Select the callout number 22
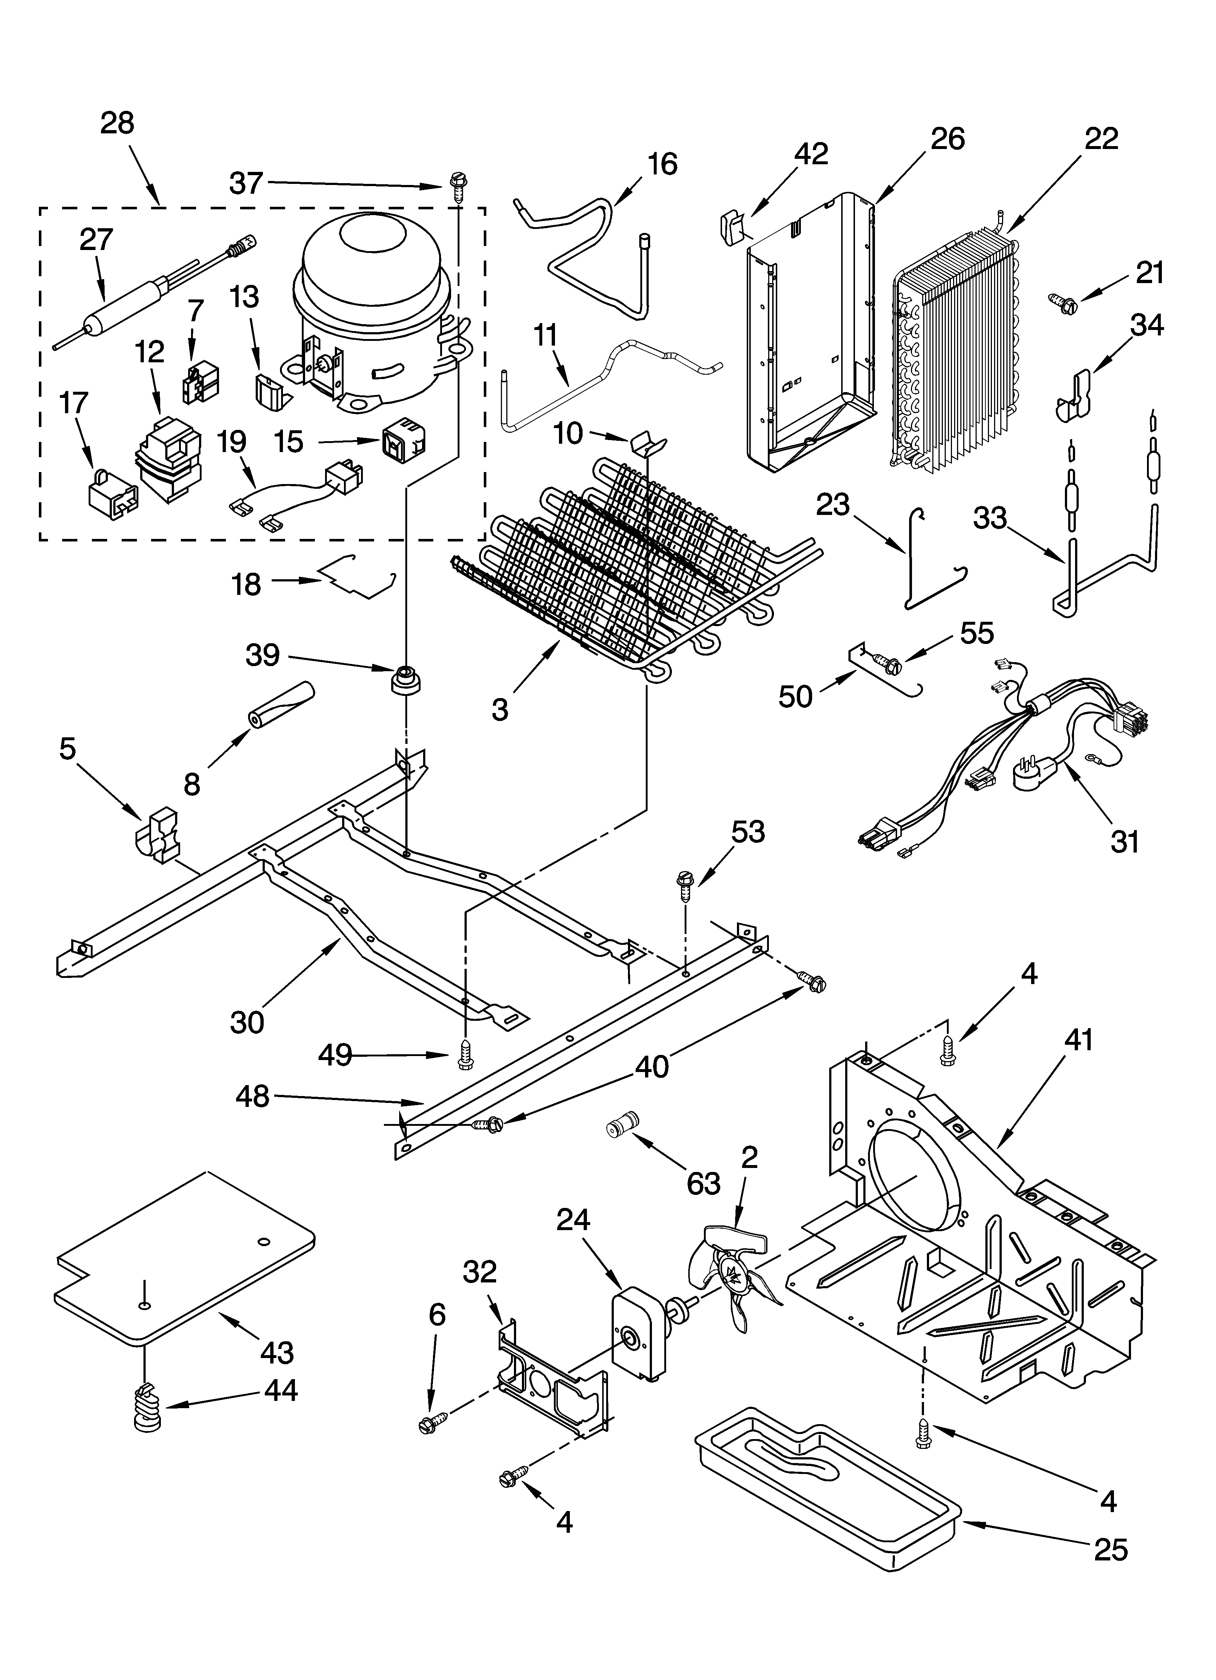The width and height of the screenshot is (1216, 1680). point(1101,138)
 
